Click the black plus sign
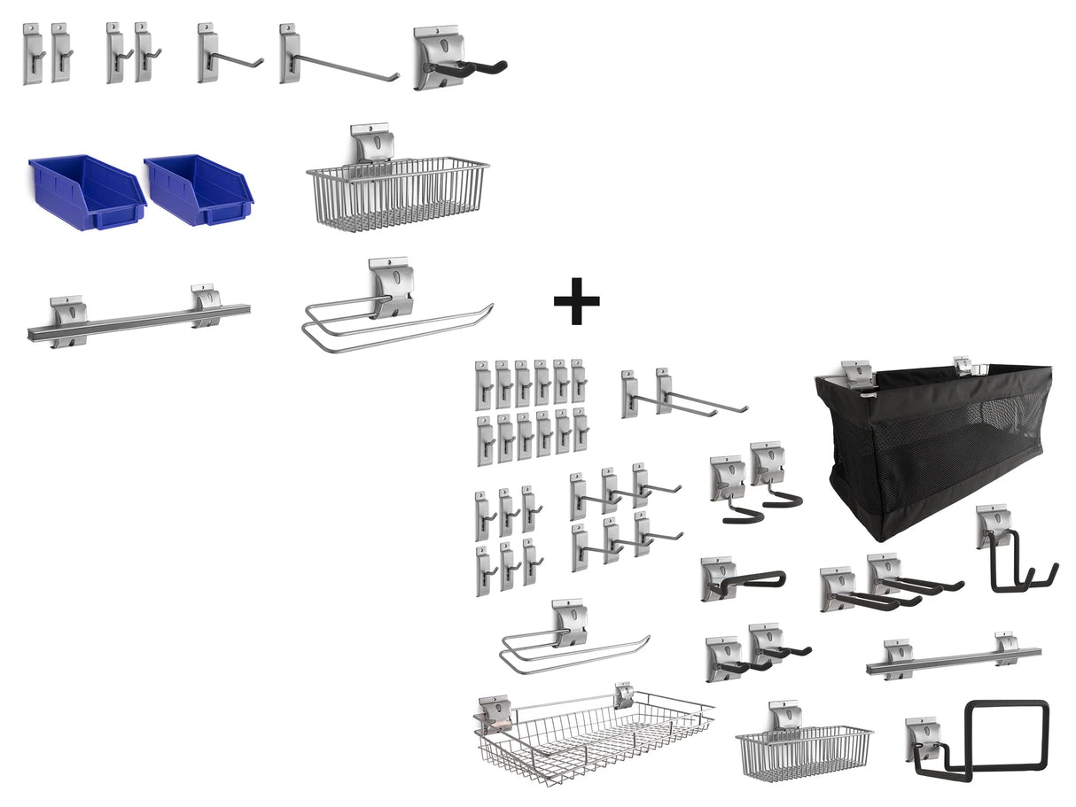[x=576, y=300]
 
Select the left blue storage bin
[x=87, y=192]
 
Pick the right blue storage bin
[x=199, y=190]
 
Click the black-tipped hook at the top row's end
[x=461, y=62]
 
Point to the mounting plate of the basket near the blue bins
[x=372, y=143]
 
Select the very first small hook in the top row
[x=32, y=53]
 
